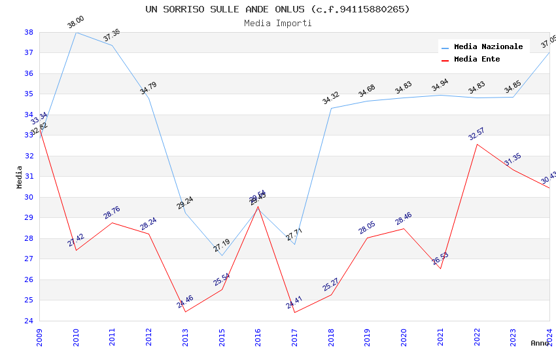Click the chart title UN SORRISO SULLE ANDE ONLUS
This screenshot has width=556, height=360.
(x=277, y=9)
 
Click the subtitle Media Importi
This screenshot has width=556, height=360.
(x=277, y=23)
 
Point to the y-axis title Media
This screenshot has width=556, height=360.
(x=19, y=177)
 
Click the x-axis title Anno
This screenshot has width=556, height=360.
(x=540, y=343)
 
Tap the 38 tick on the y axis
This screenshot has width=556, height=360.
(x=29, y=32)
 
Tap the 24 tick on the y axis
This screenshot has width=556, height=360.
(x=29, y=321)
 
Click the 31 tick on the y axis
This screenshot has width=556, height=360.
(x=29, y=177)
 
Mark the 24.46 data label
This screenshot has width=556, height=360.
(x=185, y=302)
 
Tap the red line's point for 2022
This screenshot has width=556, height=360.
(x=477, y=144)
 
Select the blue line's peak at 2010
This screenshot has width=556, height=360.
(x=77, y=32)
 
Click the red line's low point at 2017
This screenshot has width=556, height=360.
(x=294, y=312)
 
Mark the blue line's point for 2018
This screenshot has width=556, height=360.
(x=331, y=108)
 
